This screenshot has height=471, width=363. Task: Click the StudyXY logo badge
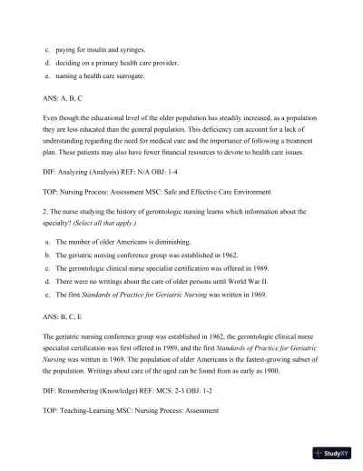point(333,452)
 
